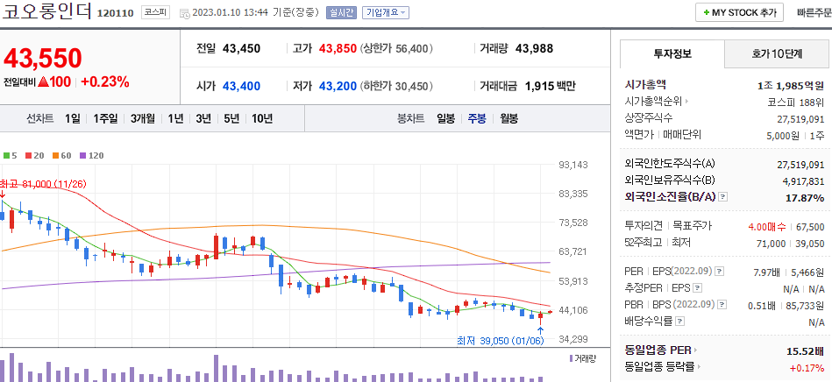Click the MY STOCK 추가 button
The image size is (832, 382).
point(740,13)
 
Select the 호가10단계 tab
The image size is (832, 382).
point(777,54)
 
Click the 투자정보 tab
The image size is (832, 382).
point(672,54)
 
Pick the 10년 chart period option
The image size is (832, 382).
point(261,118)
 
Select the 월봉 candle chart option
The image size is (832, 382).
point(508,118)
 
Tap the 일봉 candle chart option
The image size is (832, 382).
point(445,118)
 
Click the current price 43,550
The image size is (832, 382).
point(43,58)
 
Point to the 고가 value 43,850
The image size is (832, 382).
point(337,48)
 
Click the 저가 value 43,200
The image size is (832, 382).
point(337,86)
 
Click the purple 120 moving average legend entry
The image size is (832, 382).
point(91,155)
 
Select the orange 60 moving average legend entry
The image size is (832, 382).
point(61,155)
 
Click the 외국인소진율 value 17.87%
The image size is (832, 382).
point(805,198)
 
